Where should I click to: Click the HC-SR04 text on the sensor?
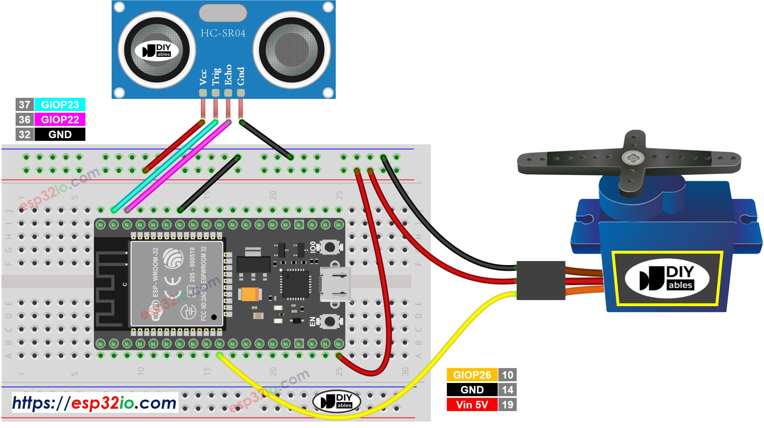point(223,33)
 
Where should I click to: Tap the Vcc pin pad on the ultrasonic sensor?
point(203,92)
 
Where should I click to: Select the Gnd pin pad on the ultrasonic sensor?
point(241,92)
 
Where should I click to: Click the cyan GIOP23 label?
point(60,105)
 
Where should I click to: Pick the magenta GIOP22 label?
point(60,120)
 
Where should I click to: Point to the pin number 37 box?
point(25,105)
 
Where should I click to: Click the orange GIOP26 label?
point(472,375)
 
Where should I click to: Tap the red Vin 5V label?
point(472,405)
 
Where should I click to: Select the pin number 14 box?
point(507,390)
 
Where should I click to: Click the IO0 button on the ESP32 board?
point(330,247)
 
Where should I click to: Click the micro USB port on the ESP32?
point(335,284)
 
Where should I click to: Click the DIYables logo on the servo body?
point(666,279)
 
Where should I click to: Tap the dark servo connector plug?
point(541,280)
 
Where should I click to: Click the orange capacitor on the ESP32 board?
point(250,294)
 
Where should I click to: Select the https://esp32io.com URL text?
point(95,403)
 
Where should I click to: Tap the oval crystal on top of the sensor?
point(223,13)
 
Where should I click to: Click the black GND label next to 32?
point(60,134)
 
